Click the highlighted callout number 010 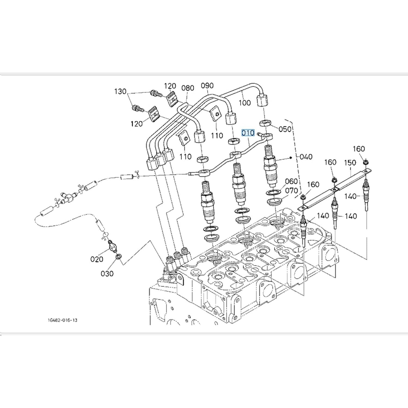[248, 133]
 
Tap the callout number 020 [97, 259]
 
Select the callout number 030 [107, 273]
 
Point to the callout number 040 [306, 157]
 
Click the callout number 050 [285, 129]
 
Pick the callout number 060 [291, 181]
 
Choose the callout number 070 [291, 191]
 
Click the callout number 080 [188, 88]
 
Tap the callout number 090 [207, 85]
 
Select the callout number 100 [245, 103]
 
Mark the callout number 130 [120, 91]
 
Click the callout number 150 [350, 163]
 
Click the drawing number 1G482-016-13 [63, 320]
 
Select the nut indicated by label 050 [265, 123]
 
